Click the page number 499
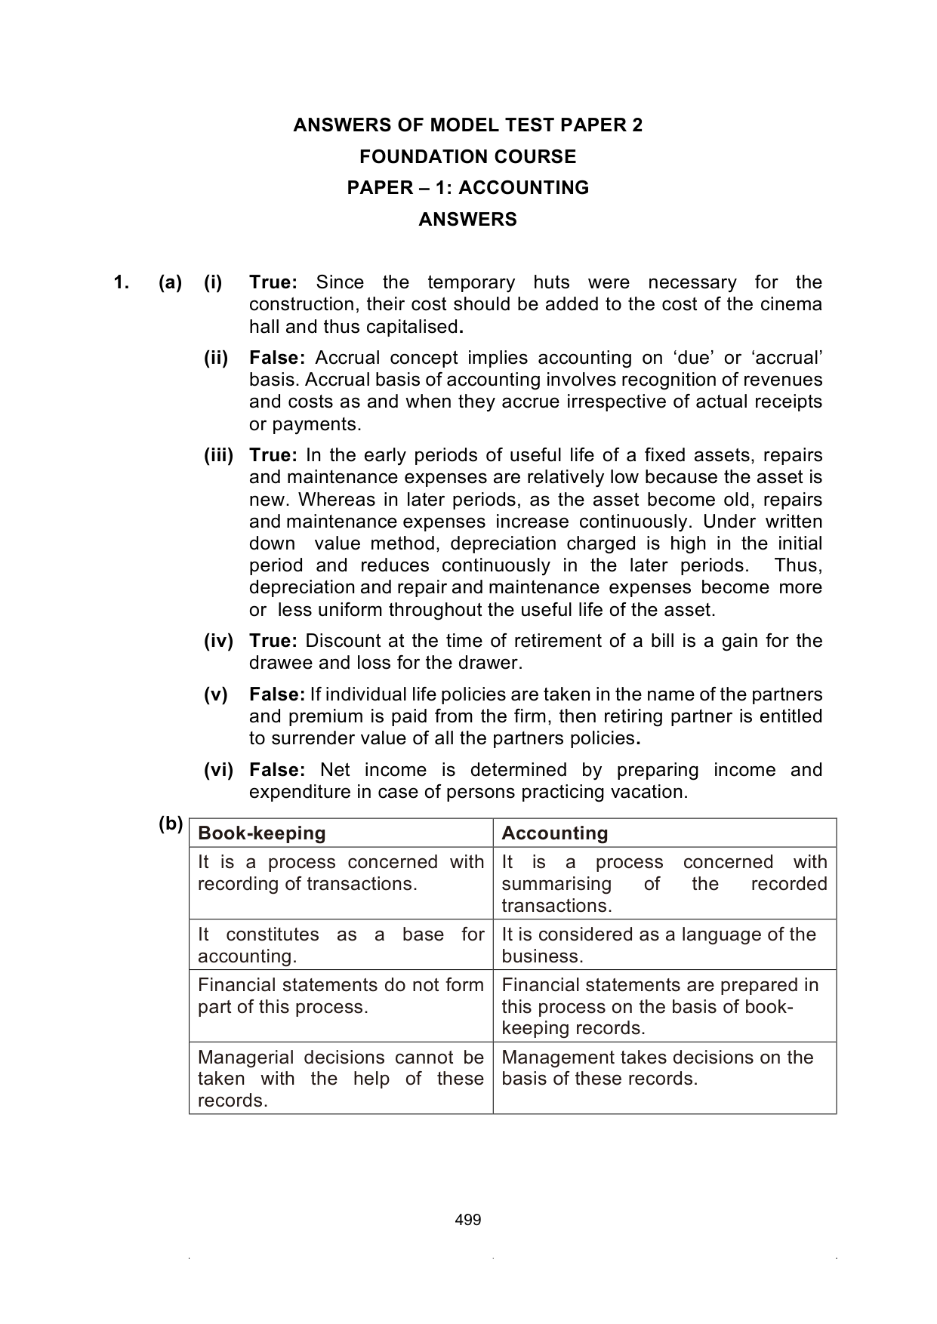[468, 1220]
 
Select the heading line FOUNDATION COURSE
[467, 157]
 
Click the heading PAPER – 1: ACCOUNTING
[467, 188]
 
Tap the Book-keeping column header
[262, 833]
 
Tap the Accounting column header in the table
[555, 833]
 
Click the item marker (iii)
[219, 455]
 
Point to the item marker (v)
[216, 694]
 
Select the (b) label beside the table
[171, 824]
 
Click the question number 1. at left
[122, 283]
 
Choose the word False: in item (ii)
[277, 358]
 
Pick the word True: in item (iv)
[273, 641]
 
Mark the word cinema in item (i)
[794, 304]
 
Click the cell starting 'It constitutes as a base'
[341, 945]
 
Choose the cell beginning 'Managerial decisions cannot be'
[341, 1079]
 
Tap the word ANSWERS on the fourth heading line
[467, 220]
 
